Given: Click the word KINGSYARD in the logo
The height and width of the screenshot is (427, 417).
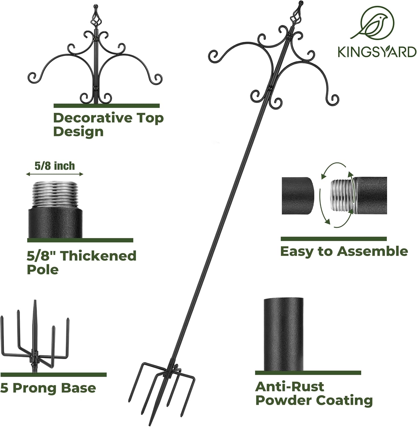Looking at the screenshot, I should click(x=377, y=52).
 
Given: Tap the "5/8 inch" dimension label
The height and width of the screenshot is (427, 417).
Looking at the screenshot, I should click(x=55, y=166).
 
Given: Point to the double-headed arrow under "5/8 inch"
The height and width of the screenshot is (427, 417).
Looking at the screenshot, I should click(x=55, y=174).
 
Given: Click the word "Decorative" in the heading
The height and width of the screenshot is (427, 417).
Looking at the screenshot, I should click(x=89, y=118).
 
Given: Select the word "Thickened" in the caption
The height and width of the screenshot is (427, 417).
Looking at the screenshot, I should click(x=99, y=256).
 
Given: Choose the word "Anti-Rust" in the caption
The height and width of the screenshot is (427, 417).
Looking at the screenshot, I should click(x=289, y=387).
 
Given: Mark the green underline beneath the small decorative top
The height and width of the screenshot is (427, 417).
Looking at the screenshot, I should click(x=107, y=106).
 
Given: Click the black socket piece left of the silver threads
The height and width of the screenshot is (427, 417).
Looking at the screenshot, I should click(x=298, y=196).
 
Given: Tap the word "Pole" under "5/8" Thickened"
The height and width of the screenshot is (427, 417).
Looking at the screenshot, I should click(x=43, y=269).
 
